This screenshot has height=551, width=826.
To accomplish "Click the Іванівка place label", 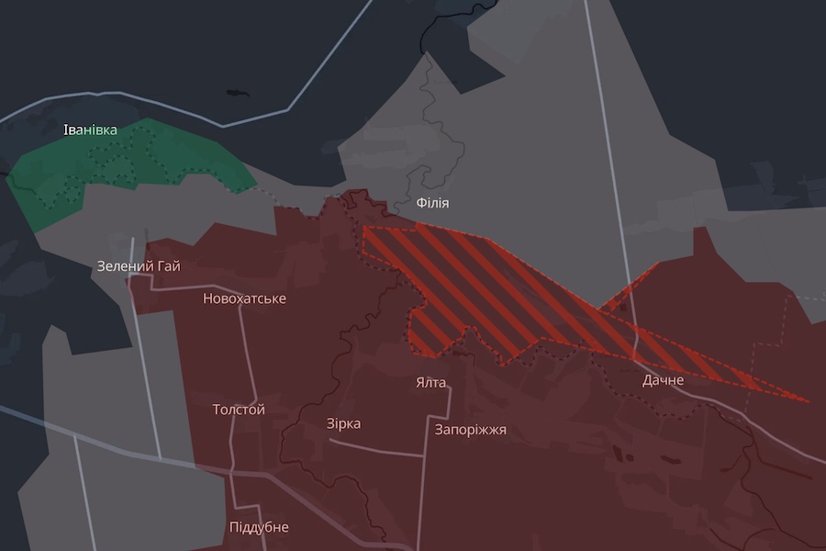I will (x=90, y=129).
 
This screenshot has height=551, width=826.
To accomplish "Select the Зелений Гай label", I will (x=139, y=266).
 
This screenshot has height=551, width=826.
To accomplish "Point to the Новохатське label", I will (x=244, y=298).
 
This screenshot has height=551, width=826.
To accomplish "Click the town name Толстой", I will (x=239, y=410).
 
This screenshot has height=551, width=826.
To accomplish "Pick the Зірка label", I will (x=343, y=423).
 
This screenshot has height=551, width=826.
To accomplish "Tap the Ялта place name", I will (x=430, y=383).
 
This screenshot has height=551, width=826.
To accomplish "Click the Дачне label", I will (x=663, y=379).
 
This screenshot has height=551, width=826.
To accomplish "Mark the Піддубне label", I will (x=259, y=527).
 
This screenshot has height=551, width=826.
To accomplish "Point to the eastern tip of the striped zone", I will (x=806, y=401).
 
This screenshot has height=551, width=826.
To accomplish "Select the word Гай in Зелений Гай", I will (x=168, y=266).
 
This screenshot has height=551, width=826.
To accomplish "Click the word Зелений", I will (x=125, y=266).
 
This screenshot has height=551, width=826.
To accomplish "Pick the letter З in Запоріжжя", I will (x=440, y=429).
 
